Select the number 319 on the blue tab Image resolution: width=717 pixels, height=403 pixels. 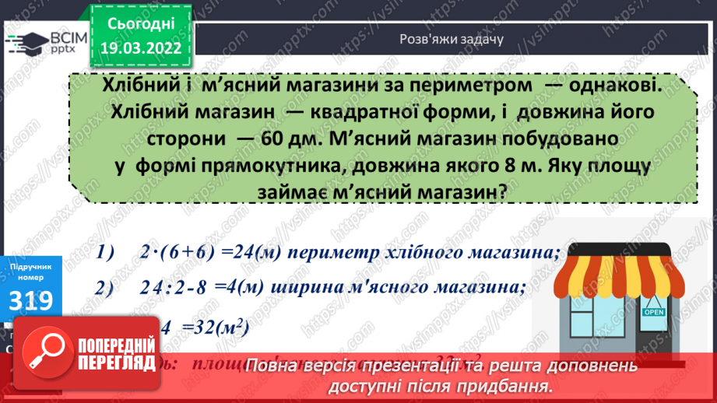[x=30, y=300]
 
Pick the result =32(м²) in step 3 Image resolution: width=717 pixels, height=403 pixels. [x=219, y=328]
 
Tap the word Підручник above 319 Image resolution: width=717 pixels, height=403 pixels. [x=30, y=266]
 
